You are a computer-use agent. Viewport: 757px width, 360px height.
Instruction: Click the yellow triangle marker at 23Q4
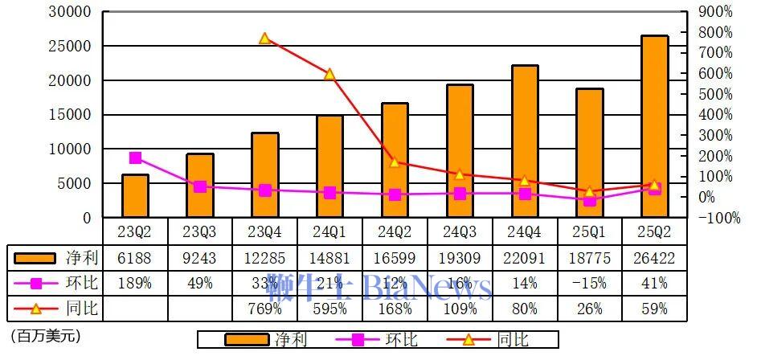tap(265, 39)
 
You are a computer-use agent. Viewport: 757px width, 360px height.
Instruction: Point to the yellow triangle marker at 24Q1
tap(329, 74)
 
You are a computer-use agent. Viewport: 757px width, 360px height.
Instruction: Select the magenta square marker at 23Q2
tap(135, 157)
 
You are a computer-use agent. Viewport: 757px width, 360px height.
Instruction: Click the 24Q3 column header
tap(460, 231)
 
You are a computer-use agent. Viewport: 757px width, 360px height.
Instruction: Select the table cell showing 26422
tap(654, 258)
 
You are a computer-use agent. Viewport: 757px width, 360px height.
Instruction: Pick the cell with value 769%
tap(265, 309)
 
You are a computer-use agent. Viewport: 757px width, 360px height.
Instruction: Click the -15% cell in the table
tap(590, 283)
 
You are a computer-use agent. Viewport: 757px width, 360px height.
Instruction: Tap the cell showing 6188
tap(135, 258)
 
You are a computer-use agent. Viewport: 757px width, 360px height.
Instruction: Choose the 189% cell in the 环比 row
tap(135, 283)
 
